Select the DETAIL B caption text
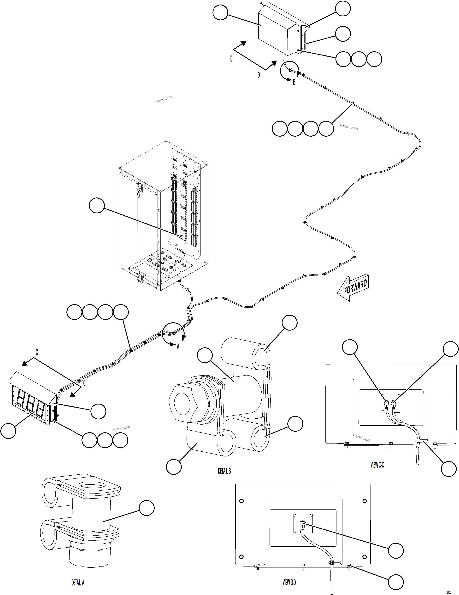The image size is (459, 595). pos(224,471)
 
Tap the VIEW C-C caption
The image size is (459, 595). pos(377,465)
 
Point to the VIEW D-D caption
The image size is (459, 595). pos(289,583)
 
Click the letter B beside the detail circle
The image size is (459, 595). pos(294,82)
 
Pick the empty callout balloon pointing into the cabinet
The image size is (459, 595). pos(97,205)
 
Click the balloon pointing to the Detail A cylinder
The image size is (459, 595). pos(147,508)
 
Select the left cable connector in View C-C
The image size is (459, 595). pos(386,403)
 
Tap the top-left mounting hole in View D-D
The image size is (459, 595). pos(241,501)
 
